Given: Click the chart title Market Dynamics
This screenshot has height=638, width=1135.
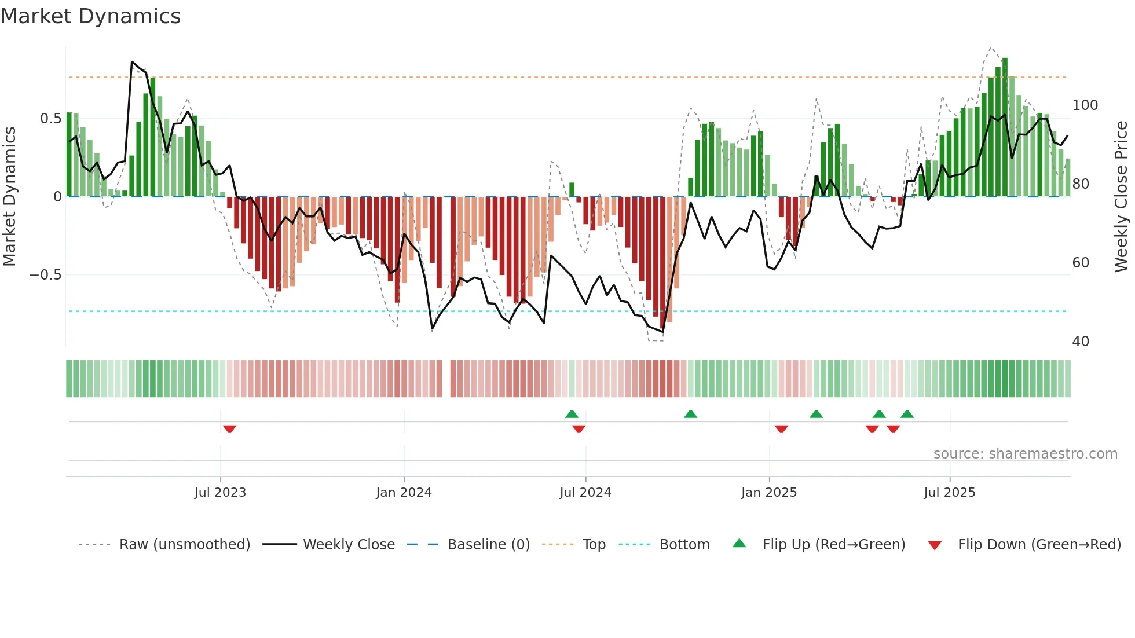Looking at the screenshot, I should click(x=91, y=16).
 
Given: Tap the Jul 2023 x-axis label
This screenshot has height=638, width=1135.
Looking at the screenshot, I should click(x=220, y=493).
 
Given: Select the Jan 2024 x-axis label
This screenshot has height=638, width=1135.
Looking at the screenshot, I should click(x=404, y=493).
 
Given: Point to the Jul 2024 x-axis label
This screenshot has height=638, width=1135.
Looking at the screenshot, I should click(x=585, y=493).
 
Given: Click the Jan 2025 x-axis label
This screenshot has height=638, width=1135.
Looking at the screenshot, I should click(x=768, y=493).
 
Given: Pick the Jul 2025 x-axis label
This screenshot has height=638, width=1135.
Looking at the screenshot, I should click(x=949, y=493).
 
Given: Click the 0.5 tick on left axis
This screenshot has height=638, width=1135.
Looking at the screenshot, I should click(x=50, y=119).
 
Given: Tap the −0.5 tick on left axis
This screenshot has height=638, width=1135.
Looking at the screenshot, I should click(x=46, y=275).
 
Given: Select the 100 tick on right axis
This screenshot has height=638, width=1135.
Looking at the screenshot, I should click(x=1085, y=105).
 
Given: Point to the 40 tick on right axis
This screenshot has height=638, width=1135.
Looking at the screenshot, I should click(x=1081, y=342).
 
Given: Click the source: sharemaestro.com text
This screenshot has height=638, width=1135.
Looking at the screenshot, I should click(x=1025, y=454).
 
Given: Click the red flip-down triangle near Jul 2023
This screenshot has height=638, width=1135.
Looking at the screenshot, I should click(x=229, y=429).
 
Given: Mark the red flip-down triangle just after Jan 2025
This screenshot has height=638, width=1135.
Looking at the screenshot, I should click(x=781, y=429).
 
